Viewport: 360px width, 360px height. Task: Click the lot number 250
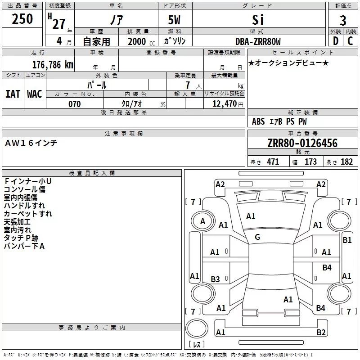click(x=22, y=19)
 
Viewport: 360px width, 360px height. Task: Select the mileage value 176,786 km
click(x=53, y=65)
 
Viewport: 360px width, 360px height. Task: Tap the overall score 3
click(x=343, y=21)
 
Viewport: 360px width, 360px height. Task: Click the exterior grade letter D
click(x=335, y=41)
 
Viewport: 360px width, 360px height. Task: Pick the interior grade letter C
click(x=350, y=41)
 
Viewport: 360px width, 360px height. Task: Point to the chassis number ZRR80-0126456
click(x=302, y=143)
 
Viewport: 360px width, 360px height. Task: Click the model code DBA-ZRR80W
click(x=258, y=41)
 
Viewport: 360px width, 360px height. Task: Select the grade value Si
click(x=258, y=20)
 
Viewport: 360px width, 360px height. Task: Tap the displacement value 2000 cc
click(x=141, y=41)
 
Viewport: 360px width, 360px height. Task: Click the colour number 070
click(x=75, y=104)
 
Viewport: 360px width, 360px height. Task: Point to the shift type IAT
click(x=13, y=94)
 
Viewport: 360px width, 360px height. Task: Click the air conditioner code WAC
click(x=35, y=94)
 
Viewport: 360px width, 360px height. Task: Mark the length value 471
click(x=273, y=162)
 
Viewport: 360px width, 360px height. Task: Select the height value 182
click(x=346, y=162)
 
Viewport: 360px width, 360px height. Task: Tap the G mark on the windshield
click(x=257, y=237)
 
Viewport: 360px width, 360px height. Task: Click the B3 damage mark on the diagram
click(x=216, y=279)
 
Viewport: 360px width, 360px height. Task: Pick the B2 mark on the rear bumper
click(x=321, y=332)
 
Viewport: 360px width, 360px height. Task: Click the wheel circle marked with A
click(x=202, y=221)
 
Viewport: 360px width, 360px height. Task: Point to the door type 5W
click(x=174, y=20)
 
